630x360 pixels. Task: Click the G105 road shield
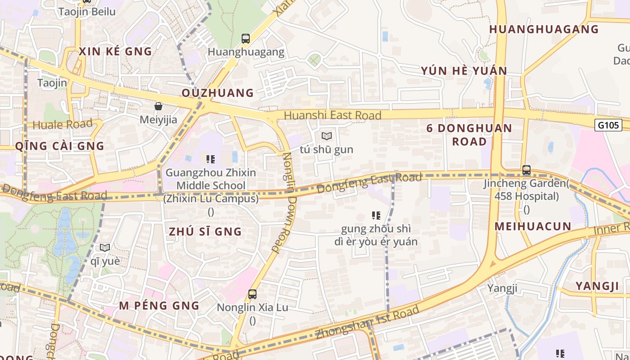[x=609, y=125]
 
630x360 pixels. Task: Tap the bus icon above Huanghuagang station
[x=245, y=39]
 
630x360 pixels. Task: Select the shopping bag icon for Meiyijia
[x=158, y=106]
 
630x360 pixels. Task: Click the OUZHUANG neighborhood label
[x=218, y=93]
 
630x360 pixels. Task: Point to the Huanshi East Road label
[x=333, y=116]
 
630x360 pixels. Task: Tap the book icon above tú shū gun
[x=327, y=136]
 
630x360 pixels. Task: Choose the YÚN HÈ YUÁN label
[x=464, y=71]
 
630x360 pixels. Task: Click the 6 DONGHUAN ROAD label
[x=469, y=135]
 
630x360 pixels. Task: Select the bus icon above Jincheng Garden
[x=526, y=170]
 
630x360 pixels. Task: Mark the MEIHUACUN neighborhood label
[x=533, y=226]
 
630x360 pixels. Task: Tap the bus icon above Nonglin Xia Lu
[x=252, y=294]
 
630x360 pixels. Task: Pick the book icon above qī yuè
[x=105, y=247]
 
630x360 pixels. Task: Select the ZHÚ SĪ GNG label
[x=205, y=232]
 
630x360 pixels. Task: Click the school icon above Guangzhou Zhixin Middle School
[x=210, y=159]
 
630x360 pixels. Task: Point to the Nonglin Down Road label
[x=286, y=202]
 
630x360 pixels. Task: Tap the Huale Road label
[x=63, y=124]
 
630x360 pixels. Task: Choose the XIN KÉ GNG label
[x=116, y=52]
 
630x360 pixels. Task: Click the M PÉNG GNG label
[x=159, y=306]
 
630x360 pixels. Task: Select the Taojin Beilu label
[x=87, y=12]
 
